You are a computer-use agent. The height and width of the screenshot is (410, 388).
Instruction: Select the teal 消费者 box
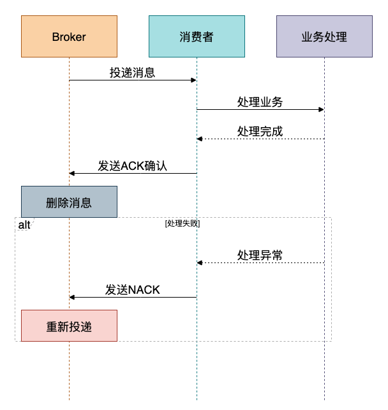pyautogui.click(x=197, y=36)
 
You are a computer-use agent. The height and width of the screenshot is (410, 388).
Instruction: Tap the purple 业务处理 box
pyautogui.click(x=324, y=36)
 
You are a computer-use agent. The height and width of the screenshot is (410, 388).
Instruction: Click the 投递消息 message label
pyautogui.click(x=133, y=73)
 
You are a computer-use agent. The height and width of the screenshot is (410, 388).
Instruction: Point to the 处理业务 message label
pyautogui.click(x=260, y=102)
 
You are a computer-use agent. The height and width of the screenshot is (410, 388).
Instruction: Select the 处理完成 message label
pyautogui.click(x=260, y=132)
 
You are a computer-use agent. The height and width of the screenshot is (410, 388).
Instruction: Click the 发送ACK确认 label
pyautogui.click(x=133, y=166)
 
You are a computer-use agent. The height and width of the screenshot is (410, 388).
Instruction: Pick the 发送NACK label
pyautogui.click(x=133, y=290)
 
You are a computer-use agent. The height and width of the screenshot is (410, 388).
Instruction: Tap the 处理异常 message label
pyautogui.click(x=260, y=255)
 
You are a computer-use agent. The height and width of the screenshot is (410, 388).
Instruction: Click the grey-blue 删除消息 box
pyautogui.click(x=69, y=202)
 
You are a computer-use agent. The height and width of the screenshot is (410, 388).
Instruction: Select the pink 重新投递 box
pyautogui.click(x=69, y=326)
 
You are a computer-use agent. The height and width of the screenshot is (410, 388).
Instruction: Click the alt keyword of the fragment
pyautogui.click(x=24, y=225)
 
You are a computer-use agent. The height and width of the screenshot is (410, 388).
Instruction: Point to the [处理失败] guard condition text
pyautogui.click(x=183, y=224)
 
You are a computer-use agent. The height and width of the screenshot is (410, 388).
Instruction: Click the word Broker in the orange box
pyautogui.click(x=69, y=36)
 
